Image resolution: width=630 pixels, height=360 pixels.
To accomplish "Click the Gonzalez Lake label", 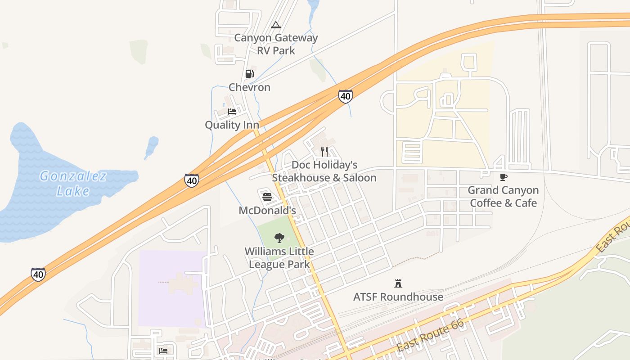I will (73, 183).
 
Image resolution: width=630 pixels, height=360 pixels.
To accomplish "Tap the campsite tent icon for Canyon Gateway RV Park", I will (276, 25).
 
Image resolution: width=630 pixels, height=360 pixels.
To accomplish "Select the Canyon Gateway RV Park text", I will (276, 44).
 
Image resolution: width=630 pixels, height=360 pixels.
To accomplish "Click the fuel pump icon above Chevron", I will (249, 74).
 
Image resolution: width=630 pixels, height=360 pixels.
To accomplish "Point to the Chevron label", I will (249, 87).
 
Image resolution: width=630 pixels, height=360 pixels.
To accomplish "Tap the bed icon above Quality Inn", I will (232, 111).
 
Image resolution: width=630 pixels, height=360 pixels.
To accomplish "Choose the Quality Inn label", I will (232, 125).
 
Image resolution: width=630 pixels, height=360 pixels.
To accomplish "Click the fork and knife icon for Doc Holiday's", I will (324, 152).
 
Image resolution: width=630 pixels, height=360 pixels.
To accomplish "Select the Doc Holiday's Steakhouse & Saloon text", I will (324, 171).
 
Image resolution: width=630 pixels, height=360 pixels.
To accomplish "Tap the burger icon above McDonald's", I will (267, 197).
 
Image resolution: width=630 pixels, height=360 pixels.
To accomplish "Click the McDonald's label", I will (267, 211).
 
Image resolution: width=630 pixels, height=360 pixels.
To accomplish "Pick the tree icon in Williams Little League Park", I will (279, 238).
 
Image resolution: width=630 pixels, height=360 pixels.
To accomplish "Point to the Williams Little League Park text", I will (279, 258).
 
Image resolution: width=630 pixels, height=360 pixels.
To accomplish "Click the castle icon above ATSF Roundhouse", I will (398, 283).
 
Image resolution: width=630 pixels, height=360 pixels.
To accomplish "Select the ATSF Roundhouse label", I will (398, 297).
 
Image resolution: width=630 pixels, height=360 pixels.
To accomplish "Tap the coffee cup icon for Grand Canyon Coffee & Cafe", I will (504, 177).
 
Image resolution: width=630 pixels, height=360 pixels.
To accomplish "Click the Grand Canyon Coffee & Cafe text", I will (503, 197).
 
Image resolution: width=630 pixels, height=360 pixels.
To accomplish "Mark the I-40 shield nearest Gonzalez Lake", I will (192, 180).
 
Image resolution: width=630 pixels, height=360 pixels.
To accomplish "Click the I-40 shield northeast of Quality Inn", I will (345, 96).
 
